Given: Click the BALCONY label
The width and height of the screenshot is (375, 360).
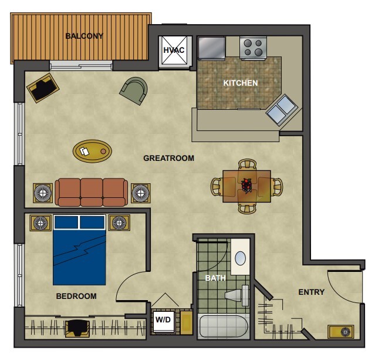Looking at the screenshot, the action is pos(84,36).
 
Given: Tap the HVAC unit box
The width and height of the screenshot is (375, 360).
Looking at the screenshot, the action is pos(175,51).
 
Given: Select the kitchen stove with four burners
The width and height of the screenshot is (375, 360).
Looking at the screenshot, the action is pos(253,48).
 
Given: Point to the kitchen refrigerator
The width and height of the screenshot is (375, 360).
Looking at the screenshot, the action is pos(212,48).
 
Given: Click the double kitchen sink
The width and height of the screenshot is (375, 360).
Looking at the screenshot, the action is pos(282,110).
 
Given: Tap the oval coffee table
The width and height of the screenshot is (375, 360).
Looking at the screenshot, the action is pos(92,151).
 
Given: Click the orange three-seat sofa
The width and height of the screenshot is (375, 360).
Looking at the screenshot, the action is pos(92,192).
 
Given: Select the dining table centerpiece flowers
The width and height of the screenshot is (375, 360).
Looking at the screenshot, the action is pos(246,185).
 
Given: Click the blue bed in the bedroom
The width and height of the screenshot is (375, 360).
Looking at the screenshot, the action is pos(79,250).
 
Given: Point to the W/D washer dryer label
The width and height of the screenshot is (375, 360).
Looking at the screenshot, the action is pos(163,319).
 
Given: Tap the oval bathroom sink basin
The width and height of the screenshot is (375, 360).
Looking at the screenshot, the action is pos(240,258).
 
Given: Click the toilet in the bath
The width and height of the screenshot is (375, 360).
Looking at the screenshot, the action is pos(237,295).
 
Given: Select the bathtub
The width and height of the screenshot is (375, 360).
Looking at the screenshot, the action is pos(223,327).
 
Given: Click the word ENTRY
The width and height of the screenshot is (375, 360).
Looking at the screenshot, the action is pos(312,292).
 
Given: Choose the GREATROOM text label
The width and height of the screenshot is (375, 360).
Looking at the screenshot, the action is pos(168,158).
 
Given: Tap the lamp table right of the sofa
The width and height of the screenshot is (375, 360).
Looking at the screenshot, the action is pos(141,193).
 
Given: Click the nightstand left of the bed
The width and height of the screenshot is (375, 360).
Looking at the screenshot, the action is pos(40,223).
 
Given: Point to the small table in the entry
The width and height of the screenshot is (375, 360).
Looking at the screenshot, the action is pos(341,332).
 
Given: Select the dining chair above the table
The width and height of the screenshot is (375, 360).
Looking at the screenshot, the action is pos(247,164).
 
